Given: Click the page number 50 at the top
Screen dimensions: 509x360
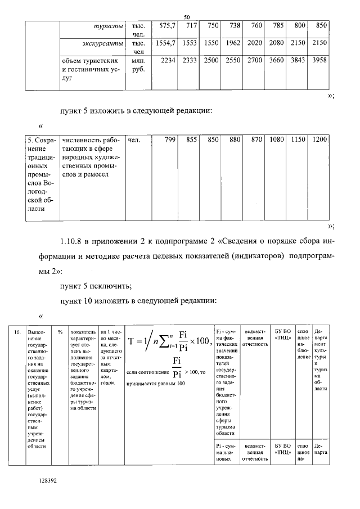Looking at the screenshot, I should [187, 18].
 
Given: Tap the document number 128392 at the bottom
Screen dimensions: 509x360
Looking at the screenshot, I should [49, 481].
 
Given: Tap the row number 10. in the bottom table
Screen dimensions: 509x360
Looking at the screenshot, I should [18, 332].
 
